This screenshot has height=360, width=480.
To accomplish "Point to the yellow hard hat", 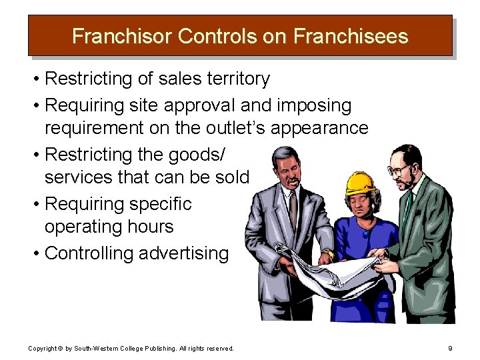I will (x=361, y=183).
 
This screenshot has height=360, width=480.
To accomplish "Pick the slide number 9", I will (x=451, y=348).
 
